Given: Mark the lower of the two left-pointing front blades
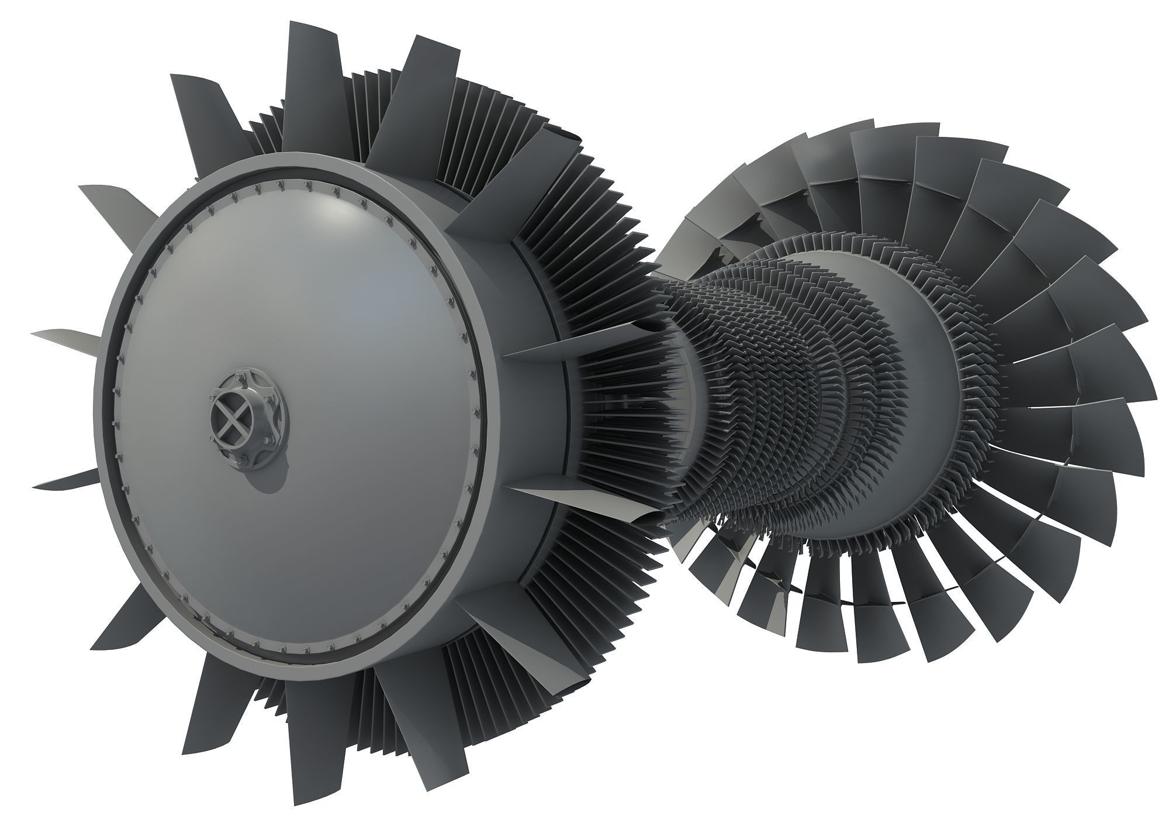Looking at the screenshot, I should click(x=64, y=480).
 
